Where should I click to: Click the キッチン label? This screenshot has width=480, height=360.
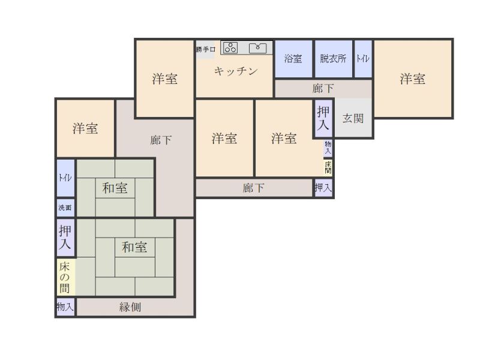pos(236,71)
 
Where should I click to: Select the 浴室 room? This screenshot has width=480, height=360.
pos(293,59)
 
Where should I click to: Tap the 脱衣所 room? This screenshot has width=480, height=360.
pos(333,59)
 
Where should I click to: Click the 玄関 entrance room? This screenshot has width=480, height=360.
pos(353,118)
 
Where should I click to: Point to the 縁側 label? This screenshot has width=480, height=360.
pos(130,307)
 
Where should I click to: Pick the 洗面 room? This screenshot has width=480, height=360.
pos(65,208)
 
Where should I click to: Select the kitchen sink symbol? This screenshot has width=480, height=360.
pos(258,47)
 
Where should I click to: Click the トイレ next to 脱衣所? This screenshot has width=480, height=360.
pos(363,59)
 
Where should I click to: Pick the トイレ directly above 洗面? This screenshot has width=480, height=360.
pos(65,178)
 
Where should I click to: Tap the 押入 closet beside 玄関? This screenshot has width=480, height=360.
pos(323,118)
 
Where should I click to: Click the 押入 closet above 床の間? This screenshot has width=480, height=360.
pos(65,237)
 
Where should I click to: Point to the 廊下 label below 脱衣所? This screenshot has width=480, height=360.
pos(323,88)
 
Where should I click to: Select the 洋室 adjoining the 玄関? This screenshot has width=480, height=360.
pos(413,79)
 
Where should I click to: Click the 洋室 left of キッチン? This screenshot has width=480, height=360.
pos(164,79)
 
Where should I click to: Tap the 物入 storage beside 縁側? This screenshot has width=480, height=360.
pos(65,307)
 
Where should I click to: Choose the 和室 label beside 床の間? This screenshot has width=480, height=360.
pos(134,247)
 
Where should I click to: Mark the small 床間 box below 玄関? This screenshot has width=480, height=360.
pos(328,167)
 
